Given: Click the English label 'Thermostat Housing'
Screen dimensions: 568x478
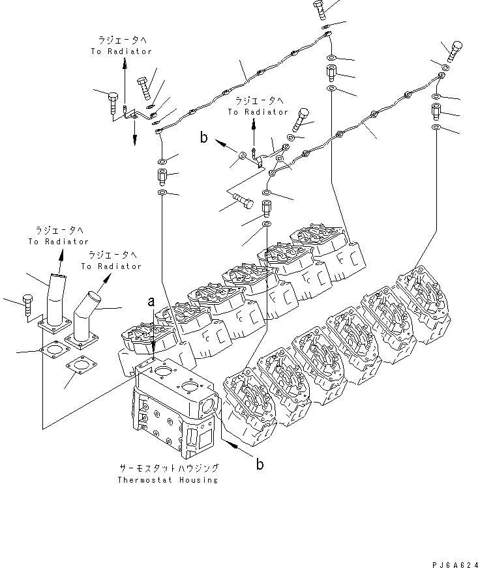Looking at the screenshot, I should click(168, 480).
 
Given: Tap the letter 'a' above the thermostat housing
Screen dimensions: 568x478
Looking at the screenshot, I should click(151, 302).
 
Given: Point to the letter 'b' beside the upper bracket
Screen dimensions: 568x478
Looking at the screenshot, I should click(204, 137).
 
